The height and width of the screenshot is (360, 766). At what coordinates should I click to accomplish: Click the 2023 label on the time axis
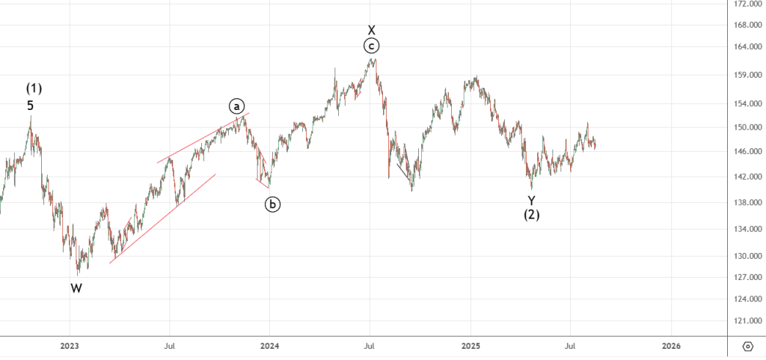pyautogui.click(x=70, y=346)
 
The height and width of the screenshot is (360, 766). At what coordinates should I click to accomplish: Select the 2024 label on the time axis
pyautogui.click(x=270, y=346)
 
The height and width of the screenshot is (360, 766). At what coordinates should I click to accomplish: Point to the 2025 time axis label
pyautogui.click(x=471, y=346)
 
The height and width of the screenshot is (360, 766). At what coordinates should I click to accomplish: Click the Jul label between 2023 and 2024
pyautogui.click(x=170, y=346)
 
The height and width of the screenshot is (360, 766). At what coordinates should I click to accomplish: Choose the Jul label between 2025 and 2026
pyautogui.click(x=571, y=346)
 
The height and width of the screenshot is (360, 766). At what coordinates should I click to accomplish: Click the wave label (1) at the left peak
pyautogui.click(x=34, y=88)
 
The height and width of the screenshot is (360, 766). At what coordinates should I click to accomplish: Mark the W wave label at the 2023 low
pyautogui.click(x=76, y=288)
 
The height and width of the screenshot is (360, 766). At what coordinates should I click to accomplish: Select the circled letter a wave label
pyautogui.click(x=236, y=106)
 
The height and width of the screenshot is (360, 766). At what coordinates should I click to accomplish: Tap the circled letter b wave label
pyautogui.click(x=273, y=204)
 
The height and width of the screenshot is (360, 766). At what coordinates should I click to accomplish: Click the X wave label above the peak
pyautogui.click(x=371, y=30)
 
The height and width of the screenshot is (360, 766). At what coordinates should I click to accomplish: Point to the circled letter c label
pyautogui.click(x=371, y=46)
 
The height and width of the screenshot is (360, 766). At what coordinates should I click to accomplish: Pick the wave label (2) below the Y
pyautogui.click(x=531, y=215)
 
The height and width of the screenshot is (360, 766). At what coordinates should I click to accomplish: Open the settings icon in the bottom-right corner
pyautogui.click(x=747, y=346)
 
